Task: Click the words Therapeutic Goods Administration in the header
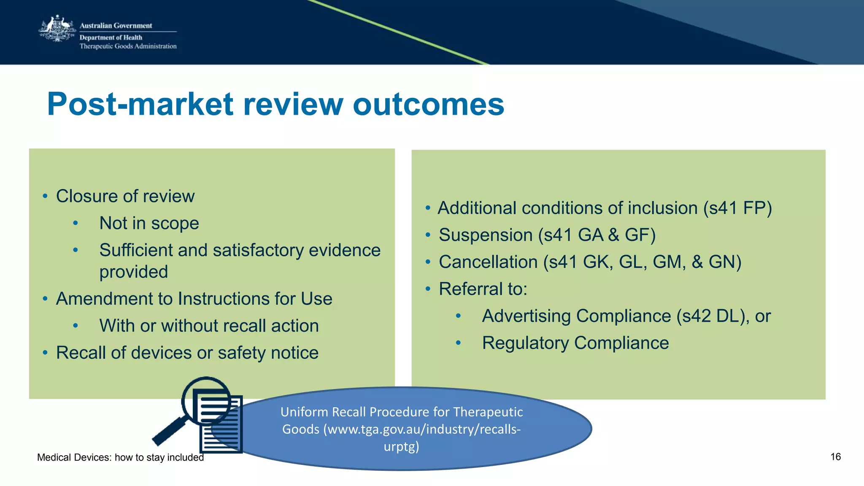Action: [128, 46]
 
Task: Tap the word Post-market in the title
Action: [140, 104]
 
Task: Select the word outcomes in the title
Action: [428, 104]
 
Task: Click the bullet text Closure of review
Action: [125, 196]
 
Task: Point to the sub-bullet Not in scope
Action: [149, 223]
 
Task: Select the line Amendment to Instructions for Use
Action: [194, 299]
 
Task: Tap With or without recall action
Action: [209, 326]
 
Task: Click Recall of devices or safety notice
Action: [187, 353]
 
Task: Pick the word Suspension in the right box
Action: [486, 235]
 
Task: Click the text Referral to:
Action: [483, 289]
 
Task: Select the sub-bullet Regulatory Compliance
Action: [575, 343]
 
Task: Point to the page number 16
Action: [835, 457]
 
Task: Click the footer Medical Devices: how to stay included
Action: [120, 458]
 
